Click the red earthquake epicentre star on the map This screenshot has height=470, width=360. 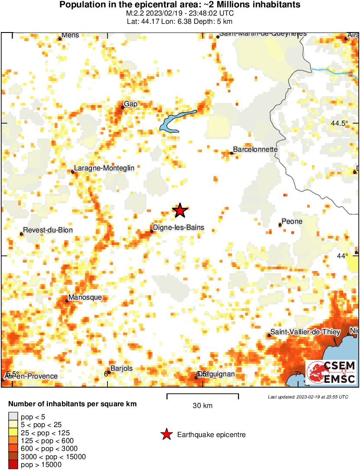(180, 211)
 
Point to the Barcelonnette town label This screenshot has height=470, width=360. (255, 149)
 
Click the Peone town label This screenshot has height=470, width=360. (292, 222)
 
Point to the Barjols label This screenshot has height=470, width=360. (121, 369)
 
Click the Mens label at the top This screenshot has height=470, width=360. (70, 35)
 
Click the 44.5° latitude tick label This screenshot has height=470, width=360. (339, 123)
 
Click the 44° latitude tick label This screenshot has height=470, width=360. (343, 256)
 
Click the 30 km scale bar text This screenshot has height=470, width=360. (202, 406)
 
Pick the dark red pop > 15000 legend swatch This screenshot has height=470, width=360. (13, 465)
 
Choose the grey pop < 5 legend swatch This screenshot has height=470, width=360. (13, 417)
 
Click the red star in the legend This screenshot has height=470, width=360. (166, 434)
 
